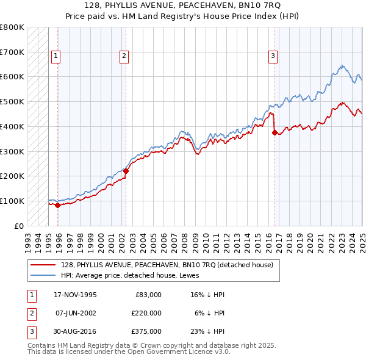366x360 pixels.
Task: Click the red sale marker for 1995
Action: coord(57,205)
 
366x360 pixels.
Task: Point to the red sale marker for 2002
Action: coord(126,171)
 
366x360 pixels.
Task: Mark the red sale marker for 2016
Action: coord(274,132)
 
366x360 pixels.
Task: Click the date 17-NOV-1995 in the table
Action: coord(75,295)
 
